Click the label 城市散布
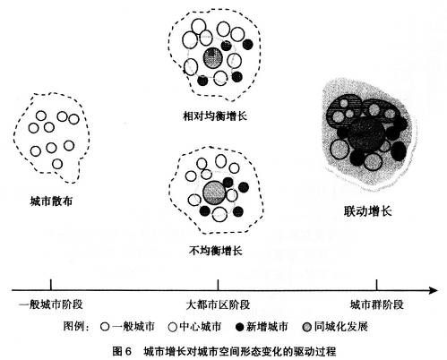pyautogui.click(x=51, y=201)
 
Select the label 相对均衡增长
pyautogui.click(x=215, y=116)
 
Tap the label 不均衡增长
pyautogui.click(x=215, y=251)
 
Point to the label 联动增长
pyautogui.click(x=367, y=211)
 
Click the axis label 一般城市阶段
pyautogui.click(x=51, y=304)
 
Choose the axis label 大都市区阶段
pyautogui.click(x=218, y=304)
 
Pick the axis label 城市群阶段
pyautogui.click(x=376, y=304)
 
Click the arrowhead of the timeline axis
pyautogui.click(x=434, y=290)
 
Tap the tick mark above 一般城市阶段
pyautogui.click(x=51, y=285)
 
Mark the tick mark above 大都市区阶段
pyautogui.click(x=218, y=285)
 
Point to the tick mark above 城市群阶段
pyautogui.click(x=377, y=285)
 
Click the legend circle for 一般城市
pyautogui.click(x=105, y=327)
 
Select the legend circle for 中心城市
pyautogui.click(x=173, y=327)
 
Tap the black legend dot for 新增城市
pyautogui.click(x=240, y=327)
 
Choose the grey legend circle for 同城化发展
pyautogui.click(x=306, y=327)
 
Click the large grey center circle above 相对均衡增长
pyautogui.click(x=212, y=58)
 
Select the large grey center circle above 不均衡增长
pyautogui.click(x=214, y=193)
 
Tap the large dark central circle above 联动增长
pyautogui.click(x=365, y=133)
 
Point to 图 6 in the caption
pyautogui.click(x=122, y=351)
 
